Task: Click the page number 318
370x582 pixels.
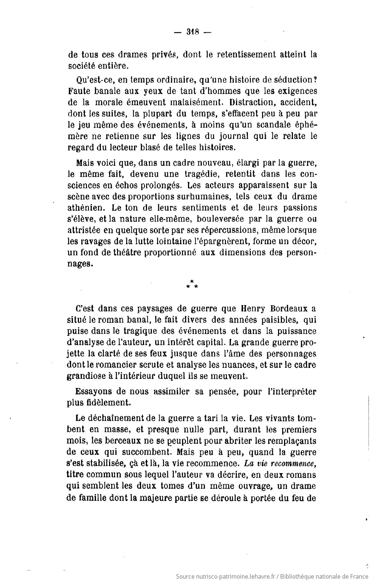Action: click(x=192, y=32)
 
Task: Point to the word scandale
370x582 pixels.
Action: click(x=276, y=125)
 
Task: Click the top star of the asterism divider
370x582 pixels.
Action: click(x=192, y=281)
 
